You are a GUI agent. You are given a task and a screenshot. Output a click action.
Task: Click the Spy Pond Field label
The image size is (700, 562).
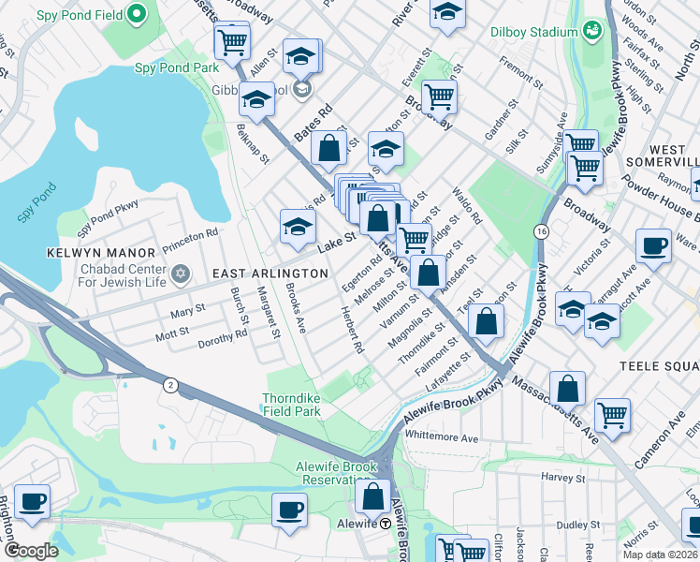point(80,16)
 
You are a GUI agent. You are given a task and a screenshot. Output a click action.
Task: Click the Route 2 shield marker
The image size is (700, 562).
point(169,385)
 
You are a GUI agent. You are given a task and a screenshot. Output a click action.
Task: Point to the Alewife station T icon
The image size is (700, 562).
point(385,525)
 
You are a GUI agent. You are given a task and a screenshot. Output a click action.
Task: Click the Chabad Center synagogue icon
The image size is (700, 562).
point(180,274)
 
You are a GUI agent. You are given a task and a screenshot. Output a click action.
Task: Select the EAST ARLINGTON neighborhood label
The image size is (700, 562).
point(270,273)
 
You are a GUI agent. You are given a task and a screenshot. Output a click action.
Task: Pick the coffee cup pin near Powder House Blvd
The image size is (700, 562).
point(652,246)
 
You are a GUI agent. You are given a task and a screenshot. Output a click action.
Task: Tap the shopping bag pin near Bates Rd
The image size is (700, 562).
point(328,147)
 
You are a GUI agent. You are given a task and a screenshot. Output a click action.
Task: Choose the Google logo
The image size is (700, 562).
point(31,551)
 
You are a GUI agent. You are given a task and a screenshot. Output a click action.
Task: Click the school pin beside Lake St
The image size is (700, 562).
point(298,226)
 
